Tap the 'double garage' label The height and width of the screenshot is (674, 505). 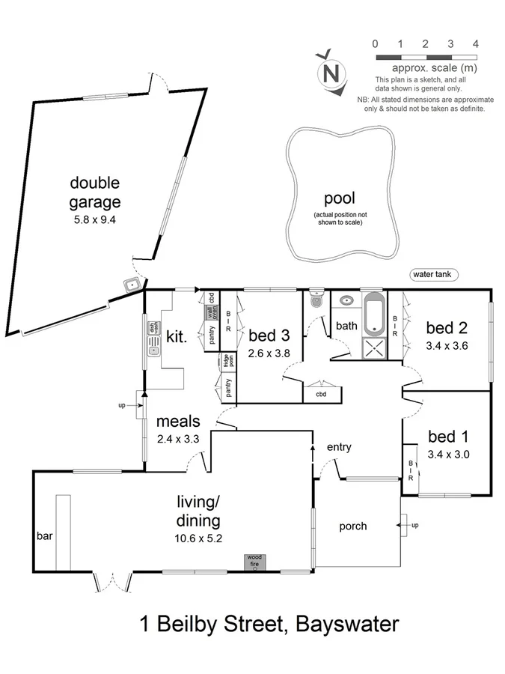tap(95, 192)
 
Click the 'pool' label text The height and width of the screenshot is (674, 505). tap(339, 198)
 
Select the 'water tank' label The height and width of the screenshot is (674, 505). tap(434, 275)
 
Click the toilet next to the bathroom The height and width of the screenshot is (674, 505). tap(315, 299)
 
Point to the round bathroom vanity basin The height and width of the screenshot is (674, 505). tap(346, 301)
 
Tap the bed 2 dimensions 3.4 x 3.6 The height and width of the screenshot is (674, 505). tap(446, 347)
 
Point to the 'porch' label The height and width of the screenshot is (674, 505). tap(352, 526)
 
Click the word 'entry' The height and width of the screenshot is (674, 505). tap(339, 447)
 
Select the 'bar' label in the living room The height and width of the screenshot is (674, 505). tap(44, 536)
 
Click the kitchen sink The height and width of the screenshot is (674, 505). tap(154, 347)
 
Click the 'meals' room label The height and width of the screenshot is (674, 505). tap(178, 422)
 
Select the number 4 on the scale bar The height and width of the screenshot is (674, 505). tap(476, 44)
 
